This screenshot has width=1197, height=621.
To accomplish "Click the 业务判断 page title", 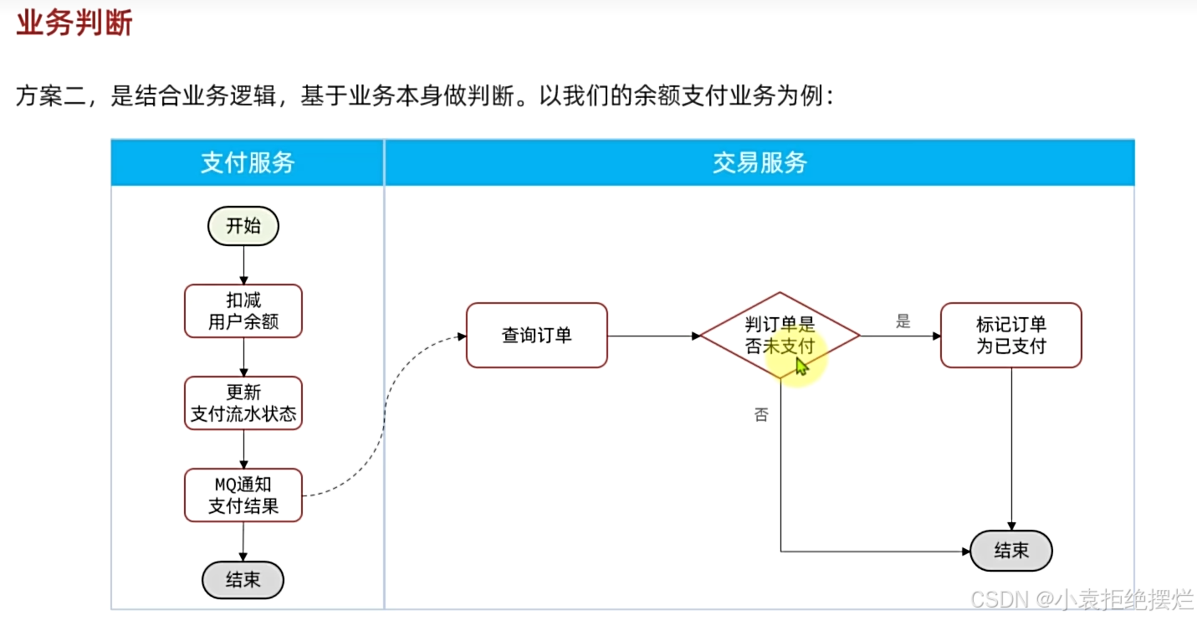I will click(x=74, y=24).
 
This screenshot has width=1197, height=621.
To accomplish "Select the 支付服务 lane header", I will click(x=248, y=162).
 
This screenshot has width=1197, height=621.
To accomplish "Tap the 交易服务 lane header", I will click(x=760, y=162).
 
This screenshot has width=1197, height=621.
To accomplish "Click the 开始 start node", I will click(x=243, y=226).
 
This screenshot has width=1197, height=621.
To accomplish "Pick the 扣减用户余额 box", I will click(x=243, y=310).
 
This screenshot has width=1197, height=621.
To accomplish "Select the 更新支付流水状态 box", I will click(x=243, y=403).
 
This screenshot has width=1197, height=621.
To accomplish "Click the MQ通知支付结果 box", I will click(x=243, y=495).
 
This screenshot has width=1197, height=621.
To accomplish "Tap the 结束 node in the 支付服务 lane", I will click(x=243, y=580).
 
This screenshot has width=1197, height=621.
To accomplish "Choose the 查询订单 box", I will click(x=537, y=336).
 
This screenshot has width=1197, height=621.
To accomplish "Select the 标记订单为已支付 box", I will click(x=1010, y=336).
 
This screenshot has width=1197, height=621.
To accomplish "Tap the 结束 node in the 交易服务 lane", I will click(x=1010, y=551).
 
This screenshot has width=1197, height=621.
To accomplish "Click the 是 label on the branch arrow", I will click(x=903, y=321).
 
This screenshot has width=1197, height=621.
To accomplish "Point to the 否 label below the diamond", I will click(x=761, y=414).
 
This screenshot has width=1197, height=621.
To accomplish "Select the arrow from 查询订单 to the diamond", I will click(x=653, y=336).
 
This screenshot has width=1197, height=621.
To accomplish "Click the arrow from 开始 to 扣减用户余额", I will click(x=243, y=264).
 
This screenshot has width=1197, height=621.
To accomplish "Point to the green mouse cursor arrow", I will click(x=801, y=367).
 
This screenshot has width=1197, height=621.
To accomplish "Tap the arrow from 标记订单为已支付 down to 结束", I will click(x=1011, y=448).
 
